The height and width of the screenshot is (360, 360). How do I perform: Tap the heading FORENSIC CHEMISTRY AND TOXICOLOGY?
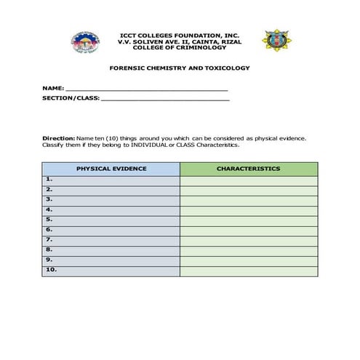(x=179, y=68)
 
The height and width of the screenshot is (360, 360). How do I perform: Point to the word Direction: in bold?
(x=58, y=137)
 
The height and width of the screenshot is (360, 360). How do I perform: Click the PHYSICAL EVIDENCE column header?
(x=111, y=169)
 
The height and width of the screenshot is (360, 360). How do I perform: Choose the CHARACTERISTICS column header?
(x=248, y=169)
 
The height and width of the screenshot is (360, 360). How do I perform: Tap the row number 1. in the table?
(x=49, y=179)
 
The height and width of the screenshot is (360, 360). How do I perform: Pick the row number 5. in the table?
(x=49, y=219)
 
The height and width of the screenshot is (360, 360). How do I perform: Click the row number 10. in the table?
(x=50, y=270)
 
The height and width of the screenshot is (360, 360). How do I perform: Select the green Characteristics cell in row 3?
(x=248, y=199)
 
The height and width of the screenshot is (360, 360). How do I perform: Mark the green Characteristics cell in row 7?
(x=248, y=240)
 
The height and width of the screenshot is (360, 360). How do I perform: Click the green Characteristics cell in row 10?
(x=248, y=271)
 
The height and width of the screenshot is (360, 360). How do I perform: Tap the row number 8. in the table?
(x=49, y=249)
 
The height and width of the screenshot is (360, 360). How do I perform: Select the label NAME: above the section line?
(x=53, y=88)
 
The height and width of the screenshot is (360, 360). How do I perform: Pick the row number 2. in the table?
(x=49, y=189)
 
